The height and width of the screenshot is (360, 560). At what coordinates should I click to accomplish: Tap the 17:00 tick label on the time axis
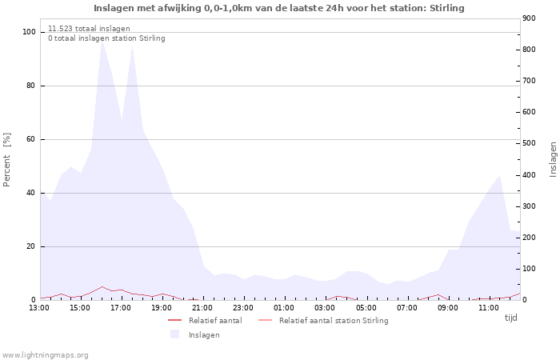(x=121, y=308)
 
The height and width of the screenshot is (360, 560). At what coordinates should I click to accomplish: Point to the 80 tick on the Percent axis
(x=30, y=86)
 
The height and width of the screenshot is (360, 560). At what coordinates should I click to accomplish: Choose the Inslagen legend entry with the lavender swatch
(x=204, y=334)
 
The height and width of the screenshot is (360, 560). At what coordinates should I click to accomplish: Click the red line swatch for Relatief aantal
(x=175, y=320)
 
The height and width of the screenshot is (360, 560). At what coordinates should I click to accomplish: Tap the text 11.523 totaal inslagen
(x=89, y=28)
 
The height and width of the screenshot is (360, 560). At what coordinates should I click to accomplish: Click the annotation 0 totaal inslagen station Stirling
(x=106, y=38)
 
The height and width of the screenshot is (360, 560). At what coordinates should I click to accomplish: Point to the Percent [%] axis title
(x=7, y=159)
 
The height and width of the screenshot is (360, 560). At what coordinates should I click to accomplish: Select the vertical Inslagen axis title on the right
(x=552, y=159)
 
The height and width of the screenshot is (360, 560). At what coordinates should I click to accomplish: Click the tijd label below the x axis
(x=510, y=318)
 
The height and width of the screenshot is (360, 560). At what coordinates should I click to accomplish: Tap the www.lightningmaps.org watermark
(x=45, y=354)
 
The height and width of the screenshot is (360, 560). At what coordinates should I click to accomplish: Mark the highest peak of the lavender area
(x=102, y=38)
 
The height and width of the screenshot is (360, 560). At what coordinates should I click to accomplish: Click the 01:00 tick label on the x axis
(x=284, y=308)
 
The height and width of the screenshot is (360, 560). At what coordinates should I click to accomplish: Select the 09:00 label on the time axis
(x=448, y=308)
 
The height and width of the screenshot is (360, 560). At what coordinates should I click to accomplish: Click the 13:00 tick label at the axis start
(x=39, y=308)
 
